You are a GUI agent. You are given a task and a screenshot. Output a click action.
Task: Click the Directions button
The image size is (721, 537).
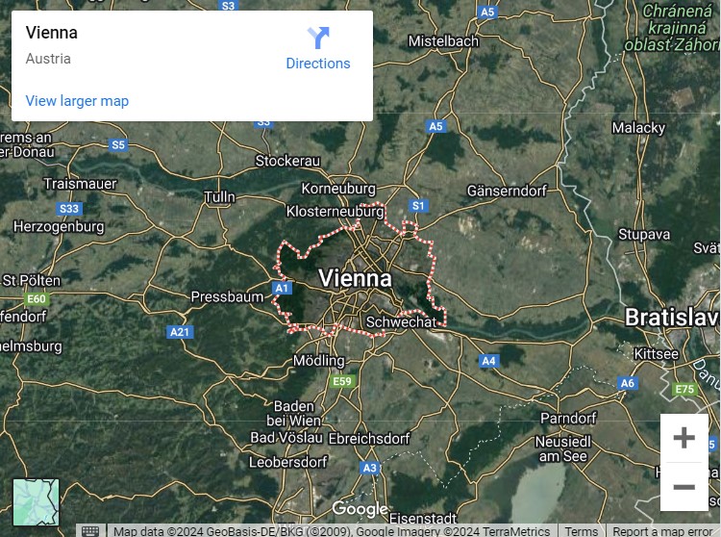pyautogui.click(x=318, y=48)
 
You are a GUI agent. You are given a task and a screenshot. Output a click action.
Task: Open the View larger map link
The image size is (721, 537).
pyautogui.click(x=77, y=101)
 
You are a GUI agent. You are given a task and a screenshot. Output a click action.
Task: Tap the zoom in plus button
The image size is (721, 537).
pyautogui.click(x=684, y=439)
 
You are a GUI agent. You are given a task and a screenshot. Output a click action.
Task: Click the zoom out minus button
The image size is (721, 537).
pyautogui.click(x=684, y=487)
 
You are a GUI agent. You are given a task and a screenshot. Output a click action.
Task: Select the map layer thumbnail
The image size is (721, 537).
pyautogui.click(x=36, y=502)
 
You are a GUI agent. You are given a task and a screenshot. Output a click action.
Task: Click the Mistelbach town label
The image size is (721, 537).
pyautogui.click(x=443, y=41)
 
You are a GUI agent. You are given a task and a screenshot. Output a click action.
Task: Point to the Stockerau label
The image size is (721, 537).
pyautogui.click(x=287, y=160)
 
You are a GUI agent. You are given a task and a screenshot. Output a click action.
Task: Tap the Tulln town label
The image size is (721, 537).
pyautogui.click(x=219, y=197)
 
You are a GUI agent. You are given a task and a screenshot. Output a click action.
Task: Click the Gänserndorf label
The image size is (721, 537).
pyautogui.click(x=506, y=191)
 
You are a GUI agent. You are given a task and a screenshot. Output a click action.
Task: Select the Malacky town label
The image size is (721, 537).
pyautogui.click(x=638, y=127)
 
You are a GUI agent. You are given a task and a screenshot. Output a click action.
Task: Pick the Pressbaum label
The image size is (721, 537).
pyautogui.click(x=227, y=297)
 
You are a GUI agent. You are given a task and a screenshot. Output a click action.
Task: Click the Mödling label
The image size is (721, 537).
pyautogui.click(x=318, y=361)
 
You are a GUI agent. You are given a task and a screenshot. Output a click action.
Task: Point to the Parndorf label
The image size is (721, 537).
pyautogui.click(x=568, y=418)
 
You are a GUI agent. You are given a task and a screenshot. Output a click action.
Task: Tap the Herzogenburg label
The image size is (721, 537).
pyautogui.click(x=59, y=227)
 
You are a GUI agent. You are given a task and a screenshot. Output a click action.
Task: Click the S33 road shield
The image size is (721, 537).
pyautogui.click(x=69, y=209)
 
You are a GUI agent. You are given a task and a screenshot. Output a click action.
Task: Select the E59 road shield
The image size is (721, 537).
pyautogui.click(x=341, y=382)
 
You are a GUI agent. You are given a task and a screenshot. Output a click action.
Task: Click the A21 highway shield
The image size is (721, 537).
pyautogui.click(x=180, y=332)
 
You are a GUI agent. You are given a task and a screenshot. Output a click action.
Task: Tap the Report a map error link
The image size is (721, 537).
pyautogui.click(x=662, y=531)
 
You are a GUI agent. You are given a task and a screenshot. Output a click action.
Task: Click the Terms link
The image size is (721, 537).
pyautogui.click(x=582, y=531)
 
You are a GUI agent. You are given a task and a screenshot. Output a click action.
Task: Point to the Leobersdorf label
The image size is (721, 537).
pyautogui.click(x=288, y=462)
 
